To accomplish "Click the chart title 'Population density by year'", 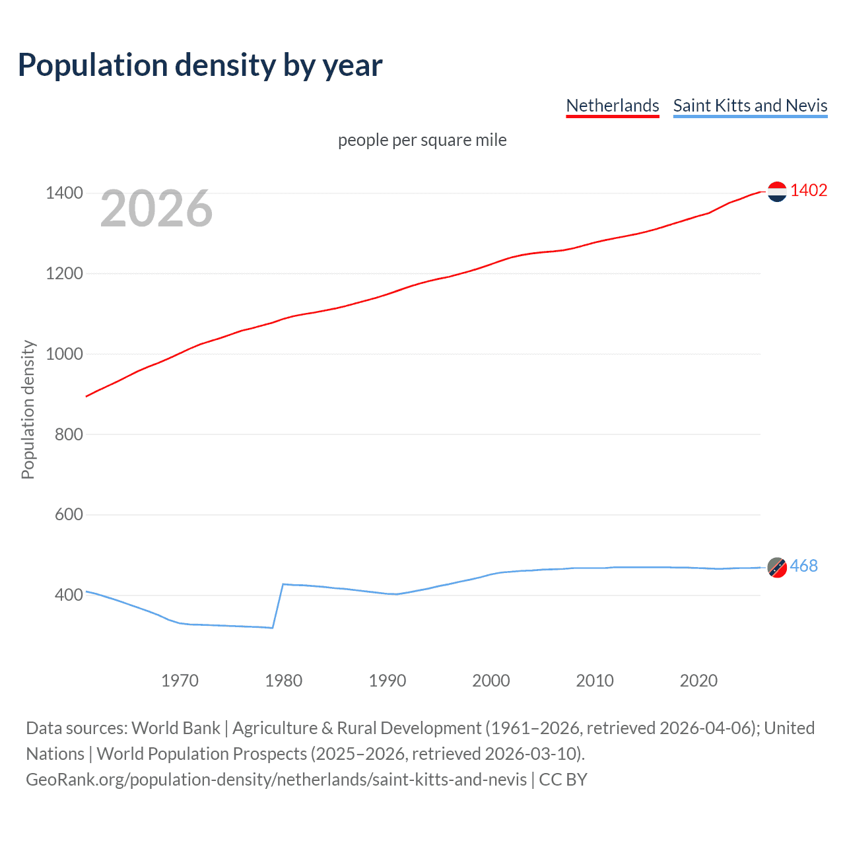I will click(200, 65).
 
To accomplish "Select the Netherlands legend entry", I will click(612, 106).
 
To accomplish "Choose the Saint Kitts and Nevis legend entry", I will click(750, 106).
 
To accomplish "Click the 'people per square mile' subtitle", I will click(422, 140).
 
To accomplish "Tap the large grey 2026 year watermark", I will click(156, 209).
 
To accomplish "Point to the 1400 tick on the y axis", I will click(64, 193).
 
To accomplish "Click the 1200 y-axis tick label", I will click(64, 273).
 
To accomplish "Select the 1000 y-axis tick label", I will click(64, 354).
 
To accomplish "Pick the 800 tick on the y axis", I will click(69, 434).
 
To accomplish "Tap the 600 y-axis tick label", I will click(69, 514).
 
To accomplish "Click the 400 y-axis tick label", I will click(69, 595).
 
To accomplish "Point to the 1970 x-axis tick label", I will click(180, 681).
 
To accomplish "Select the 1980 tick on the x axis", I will click(283, 681).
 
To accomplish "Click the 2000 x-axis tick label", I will click(490, 681).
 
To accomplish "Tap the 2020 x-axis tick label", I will click(698, 681).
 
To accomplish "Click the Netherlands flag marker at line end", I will click(777, 191).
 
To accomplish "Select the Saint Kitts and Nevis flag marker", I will click(777, 567).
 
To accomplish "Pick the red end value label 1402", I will click(809, 191).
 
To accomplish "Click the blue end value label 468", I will click(803, 566).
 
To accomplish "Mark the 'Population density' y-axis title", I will click(28, 409).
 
